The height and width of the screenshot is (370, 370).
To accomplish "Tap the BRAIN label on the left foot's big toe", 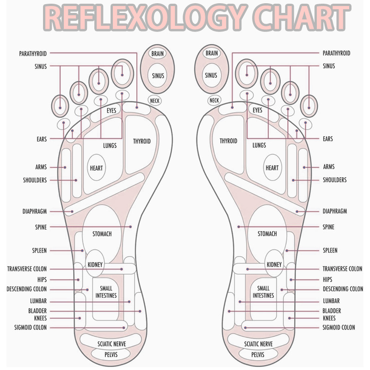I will point(157,54).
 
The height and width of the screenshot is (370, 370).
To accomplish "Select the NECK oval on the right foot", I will point(214,100).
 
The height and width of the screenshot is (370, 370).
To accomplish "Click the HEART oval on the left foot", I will point(97,168).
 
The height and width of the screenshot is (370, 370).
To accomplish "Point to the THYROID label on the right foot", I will point(228,141).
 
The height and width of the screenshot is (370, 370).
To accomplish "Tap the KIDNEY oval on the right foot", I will point(274,265).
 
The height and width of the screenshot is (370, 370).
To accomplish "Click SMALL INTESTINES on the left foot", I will point(106,292).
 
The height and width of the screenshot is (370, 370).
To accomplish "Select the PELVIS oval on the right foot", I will point(258,355).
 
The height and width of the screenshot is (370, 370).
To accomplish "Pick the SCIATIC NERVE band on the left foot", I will point(111,344).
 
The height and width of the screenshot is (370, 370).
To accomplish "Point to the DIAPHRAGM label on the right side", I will point(335,211).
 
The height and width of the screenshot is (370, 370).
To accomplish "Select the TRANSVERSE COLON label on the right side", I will point(342,269).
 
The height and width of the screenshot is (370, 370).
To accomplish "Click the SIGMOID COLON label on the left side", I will point(31,327).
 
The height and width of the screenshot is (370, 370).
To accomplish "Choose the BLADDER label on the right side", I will point(332,311).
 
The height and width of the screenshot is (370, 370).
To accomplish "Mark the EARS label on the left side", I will point(42,138).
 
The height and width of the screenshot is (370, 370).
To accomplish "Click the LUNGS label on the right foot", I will point(259,145).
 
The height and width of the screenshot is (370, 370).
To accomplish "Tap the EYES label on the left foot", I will point(111,111).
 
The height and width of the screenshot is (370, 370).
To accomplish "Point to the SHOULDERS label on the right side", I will point(335,180).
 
